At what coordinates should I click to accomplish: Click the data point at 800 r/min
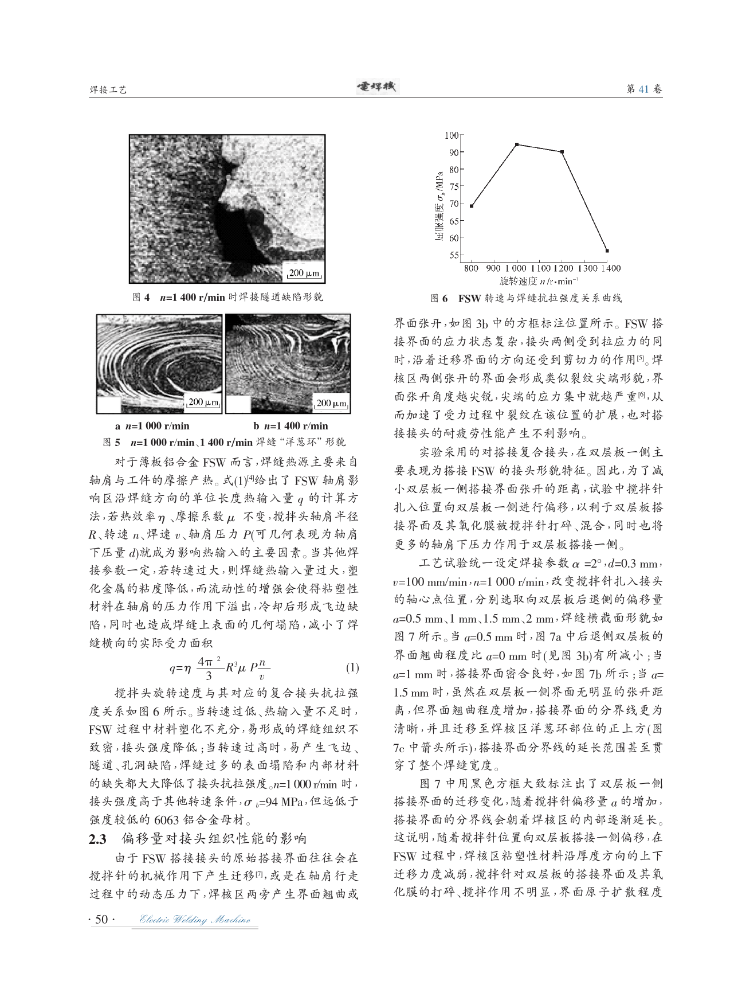pos(471,206)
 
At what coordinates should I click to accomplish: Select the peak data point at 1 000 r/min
pos(517,144)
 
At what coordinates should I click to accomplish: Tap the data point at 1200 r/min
pos(562,152)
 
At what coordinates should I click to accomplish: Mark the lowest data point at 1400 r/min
pos(607,251)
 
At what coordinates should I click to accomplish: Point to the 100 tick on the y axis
pos(452,135)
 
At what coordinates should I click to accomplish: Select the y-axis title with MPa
pos(439,195)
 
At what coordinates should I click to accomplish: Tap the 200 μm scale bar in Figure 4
pos(304,273)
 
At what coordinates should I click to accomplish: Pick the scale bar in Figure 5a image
pos(203,404)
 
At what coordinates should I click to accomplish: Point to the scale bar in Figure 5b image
pos(332,404)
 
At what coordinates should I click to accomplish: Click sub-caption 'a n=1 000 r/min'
pos(152,426)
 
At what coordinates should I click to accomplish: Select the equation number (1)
pos(352,668)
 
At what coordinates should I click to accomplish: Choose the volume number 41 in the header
pos(643,89)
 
